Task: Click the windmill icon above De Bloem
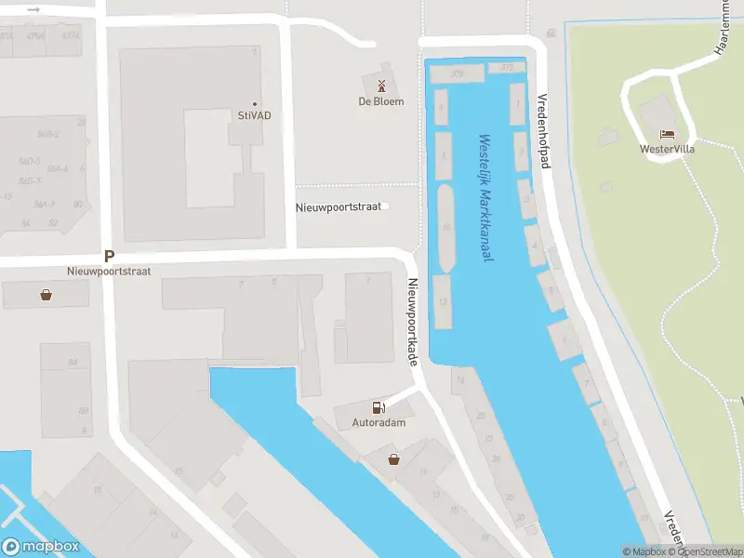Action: [381, 86]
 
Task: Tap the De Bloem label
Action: [382, 101]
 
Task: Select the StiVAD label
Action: [247, 117]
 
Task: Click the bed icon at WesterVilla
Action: [667, 134]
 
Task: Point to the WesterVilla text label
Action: [667, 149]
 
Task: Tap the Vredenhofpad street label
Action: [545, 129]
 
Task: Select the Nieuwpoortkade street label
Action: [409, 322]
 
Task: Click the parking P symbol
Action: [109, 256]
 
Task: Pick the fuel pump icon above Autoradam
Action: [378, 407]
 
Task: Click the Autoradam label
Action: [379, 422]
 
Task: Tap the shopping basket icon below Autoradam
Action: [394, 458]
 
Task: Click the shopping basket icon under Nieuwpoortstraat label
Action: [46, 295]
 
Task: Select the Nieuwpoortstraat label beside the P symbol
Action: [109, 272]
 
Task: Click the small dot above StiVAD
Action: [255, 104]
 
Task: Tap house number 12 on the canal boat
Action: [443, 301]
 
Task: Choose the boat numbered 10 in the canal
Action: [445, 226]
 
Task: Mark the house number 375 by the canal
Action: [458, 72]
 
